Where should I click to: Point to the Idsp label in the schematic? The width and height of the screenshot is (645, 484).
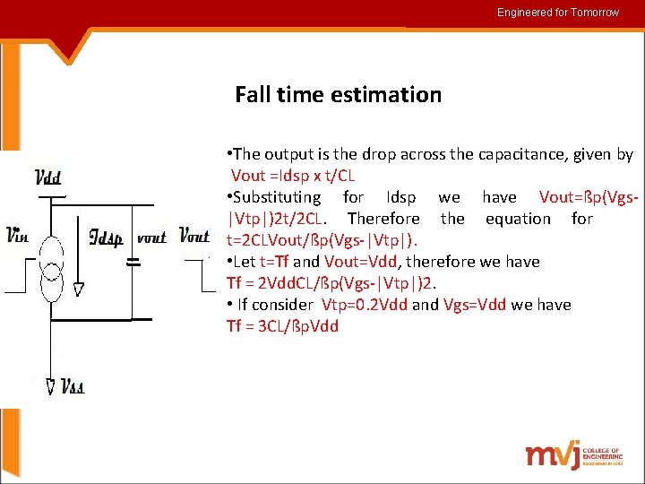(106, 238)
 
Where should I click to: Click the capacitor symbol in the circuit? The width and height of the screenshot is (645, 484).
(133, 263)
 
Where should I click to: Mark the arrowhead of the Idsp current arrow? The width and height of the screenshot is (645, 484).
(79, 289)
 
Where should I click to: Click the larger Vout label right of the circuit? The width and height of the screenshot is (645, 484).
(195, 237)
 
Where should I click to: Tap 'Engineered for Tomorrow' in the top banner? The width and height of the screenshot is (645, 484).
(558, 13)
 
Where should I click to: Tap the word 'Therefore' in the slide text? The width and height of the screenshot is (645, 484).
(383, 218)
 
